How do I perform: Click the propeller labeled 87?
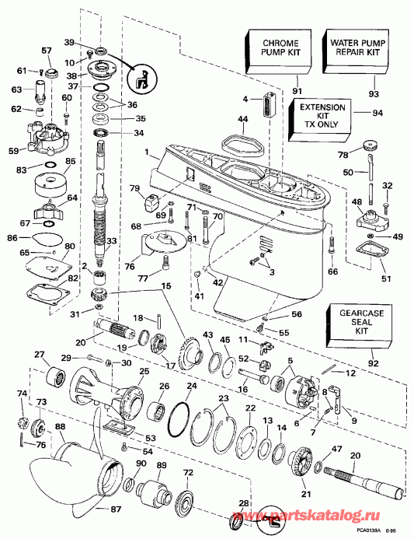tap(62, 486)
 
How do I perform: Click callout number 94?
tap(377, 112)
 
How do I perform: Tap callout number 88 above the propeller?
tap(60, 426)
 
